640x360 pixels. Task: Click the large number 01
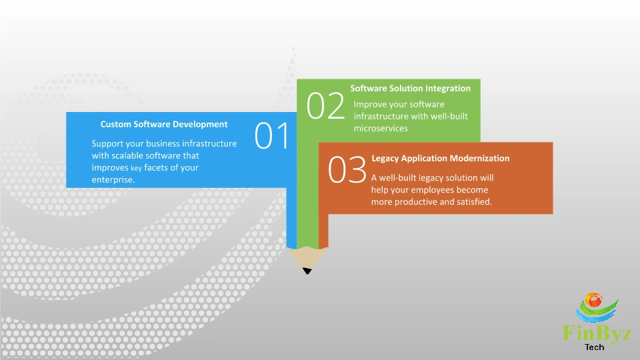pyautogui.click(x=272, y=136)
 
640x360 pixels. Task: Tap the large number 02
pyautogui.click(x=325, y=107)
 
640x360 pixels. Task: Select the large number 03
pyautogui.click(x=347, y=171)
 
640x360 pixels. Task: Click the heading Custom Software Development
pyautogui.click(x=164, y=124)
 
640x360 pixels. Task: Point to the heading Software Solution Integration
pyautogui.click(x=410, y=88)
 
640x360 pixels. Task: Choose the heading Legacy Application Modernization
pyautogui.click(x=440, y=159)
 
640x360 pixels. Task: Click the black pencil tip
pyautogui.click(x=307, y=270)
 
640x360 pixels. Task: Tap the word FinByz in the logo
pyautogui.click(x=597, y=333)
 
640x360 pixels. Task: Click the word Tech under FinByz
pyautogui.click(x=594, y=347)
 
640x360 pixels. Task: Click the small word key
pyautogui.click(x=137, y=169)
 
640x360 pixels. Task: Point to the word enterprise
pyautogui.click(x=113, y=180)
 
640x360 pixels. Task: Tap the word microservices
pyautogui.click(x=381, y=129)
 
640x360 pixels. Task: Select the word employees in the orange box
pyautogui.click(x=433, y=190)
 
